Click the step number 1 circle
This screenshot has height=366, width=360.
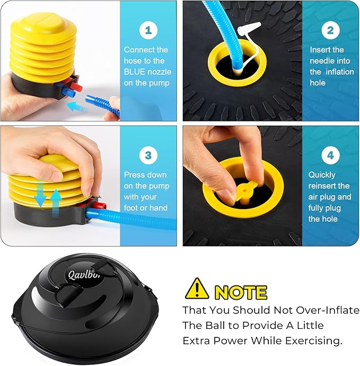click(x=148, y=30)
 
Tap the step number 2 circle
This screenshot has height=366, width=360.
click(x=330, y=30)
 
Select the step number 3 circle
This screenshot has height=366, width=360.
click(x=148, y=155)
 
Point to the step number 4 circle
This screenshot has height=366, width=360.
click(x=330, y=155)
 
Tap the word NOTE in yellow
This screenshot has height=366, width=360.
click(x=241, y=292)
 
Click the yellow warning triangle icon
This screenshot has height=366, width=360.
click(x=197, y=289)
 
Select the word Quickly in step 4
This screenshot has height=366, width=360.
click(x=322, y=175)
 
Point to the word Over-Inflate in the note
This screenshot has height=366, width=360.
click(x=328, y=310)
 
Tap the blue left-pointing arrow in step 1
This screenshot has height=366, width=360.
click(x=77, y=107)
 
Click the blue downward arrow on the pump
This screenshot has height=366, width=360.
click(x=40, y=193)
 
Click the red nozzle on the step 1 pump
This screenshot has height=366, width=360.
click(x=75, y=85)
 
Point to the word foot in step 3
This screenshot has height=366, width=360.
click(x=131, y=208)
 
